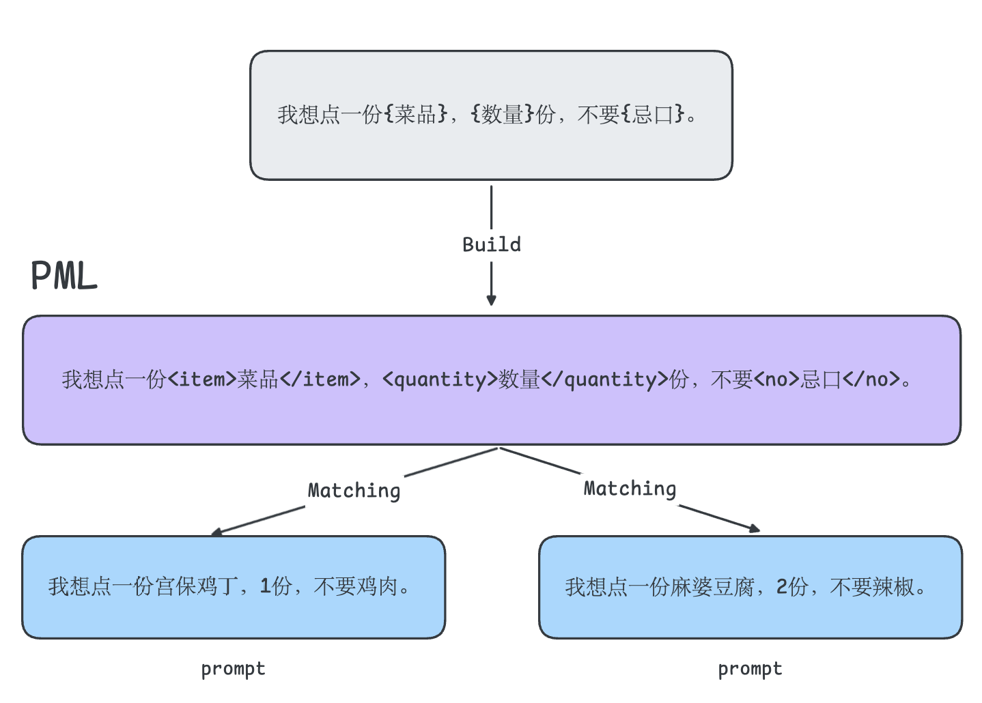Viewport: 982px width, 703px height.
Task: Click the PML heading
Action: (64, 276)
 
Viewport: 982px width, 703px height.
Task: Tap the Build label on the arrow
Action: (491, 244)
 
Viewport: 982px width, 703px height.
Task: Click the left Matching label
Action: (354, 491)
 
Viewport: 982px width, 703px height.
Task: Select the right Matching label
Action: (630, 489)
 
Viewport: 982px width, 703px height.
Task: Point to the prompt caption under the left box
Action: (233, 669)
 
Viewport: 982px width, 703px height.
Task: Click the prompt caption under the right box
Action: (750, 669)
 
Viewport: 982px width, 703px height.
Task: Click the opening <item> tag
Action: (201, 379)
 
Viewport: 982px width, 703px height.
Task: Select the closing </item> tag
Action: (320, 379)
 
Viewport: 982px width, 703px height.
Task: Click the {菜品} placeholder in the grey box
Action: (416, 114)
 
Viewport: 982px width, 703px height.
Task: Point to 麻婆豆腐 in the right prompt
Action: (712, 586)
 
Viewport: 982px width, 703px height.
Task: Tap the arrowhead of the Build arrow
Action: (491, 300)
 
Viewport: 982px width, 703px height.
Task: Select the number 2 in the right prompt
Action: (782, 586)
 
